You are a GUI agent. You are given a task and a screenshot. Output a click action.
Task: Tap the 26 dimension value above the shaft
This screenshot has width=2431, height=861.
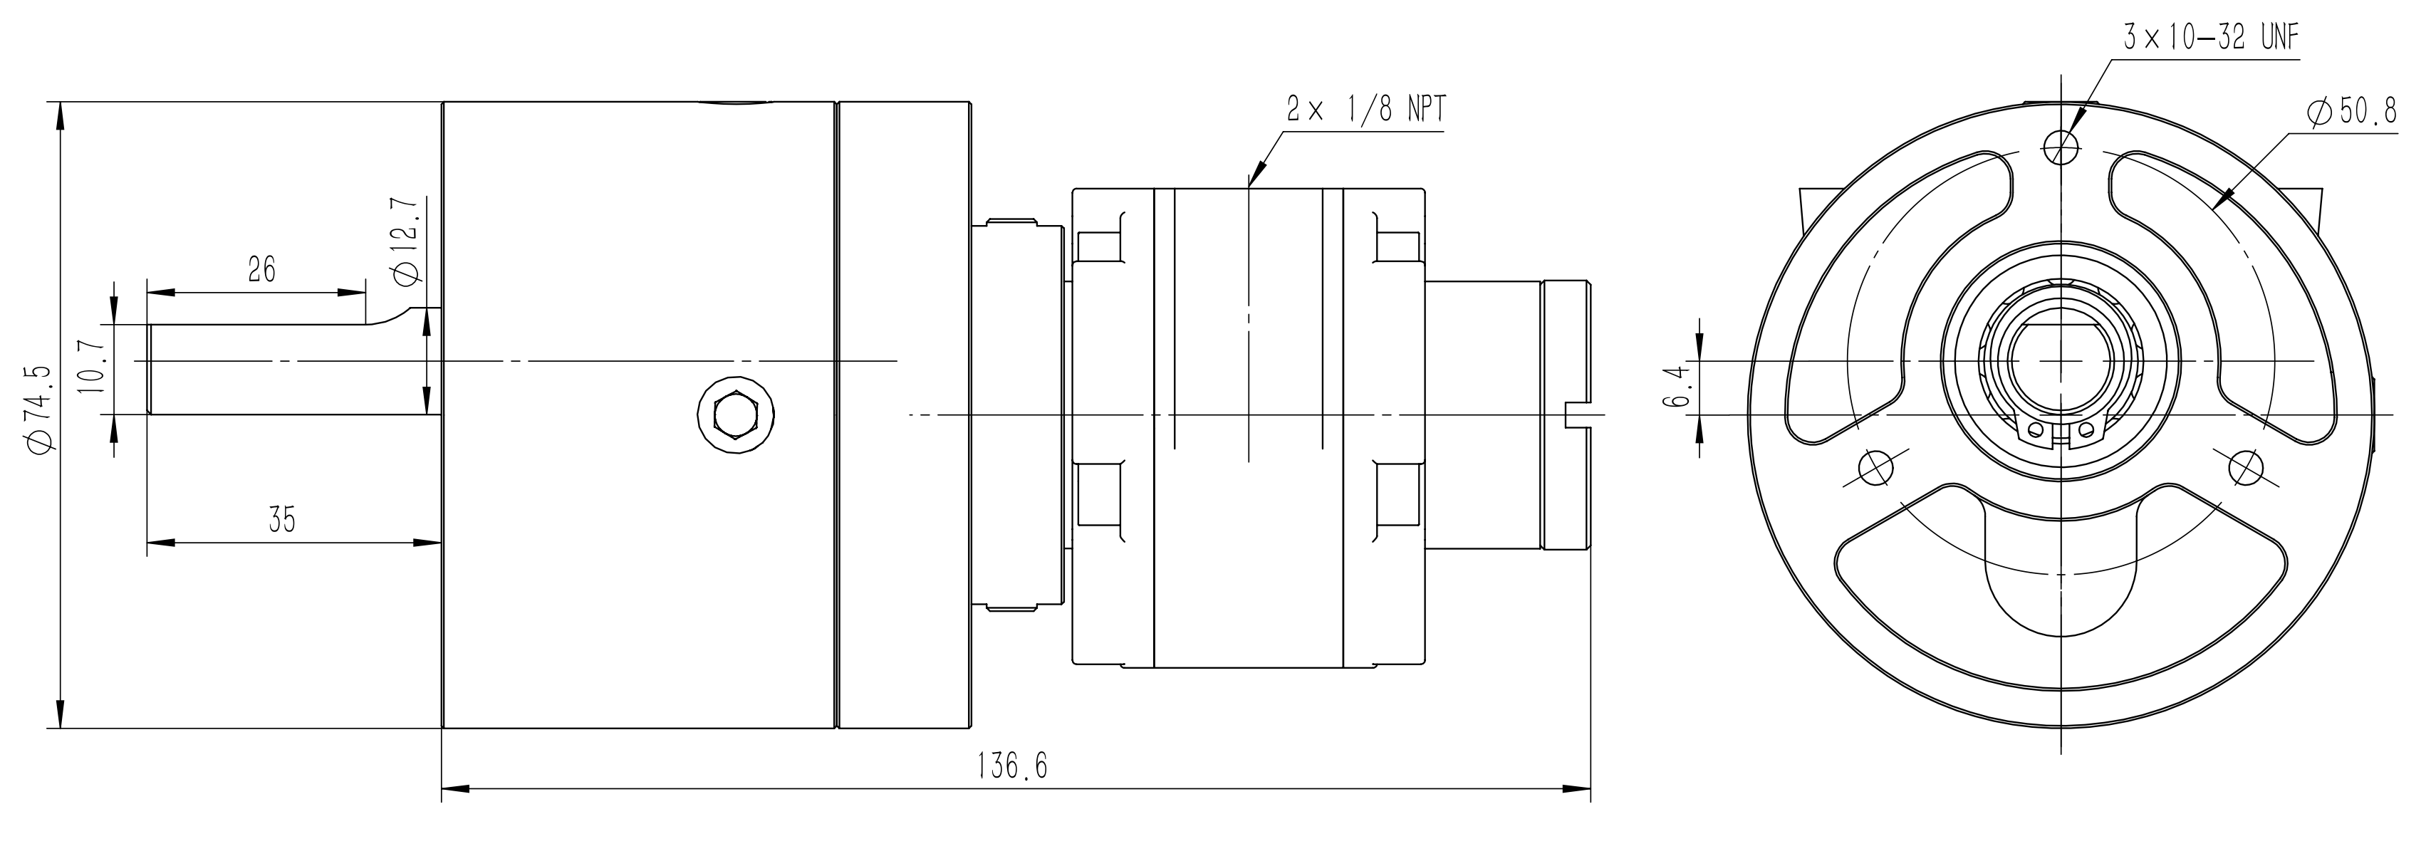tap(261, 271)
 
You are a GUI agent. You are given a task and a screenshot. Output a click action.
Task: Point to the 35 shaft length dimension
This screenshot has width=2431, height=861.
tap(282, 520)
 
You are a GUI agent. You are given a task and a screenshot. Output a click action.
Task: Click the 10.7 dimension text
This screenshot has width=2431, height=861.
tap(93, 370)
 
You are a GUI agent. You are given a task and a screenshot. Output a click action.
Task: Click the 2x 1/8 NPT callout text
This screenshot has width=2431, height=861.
tap(1365, 110)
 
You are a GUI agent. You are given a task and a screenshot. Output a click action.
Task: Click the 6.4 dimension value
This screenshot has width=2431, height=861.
tap(1676, 387)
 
